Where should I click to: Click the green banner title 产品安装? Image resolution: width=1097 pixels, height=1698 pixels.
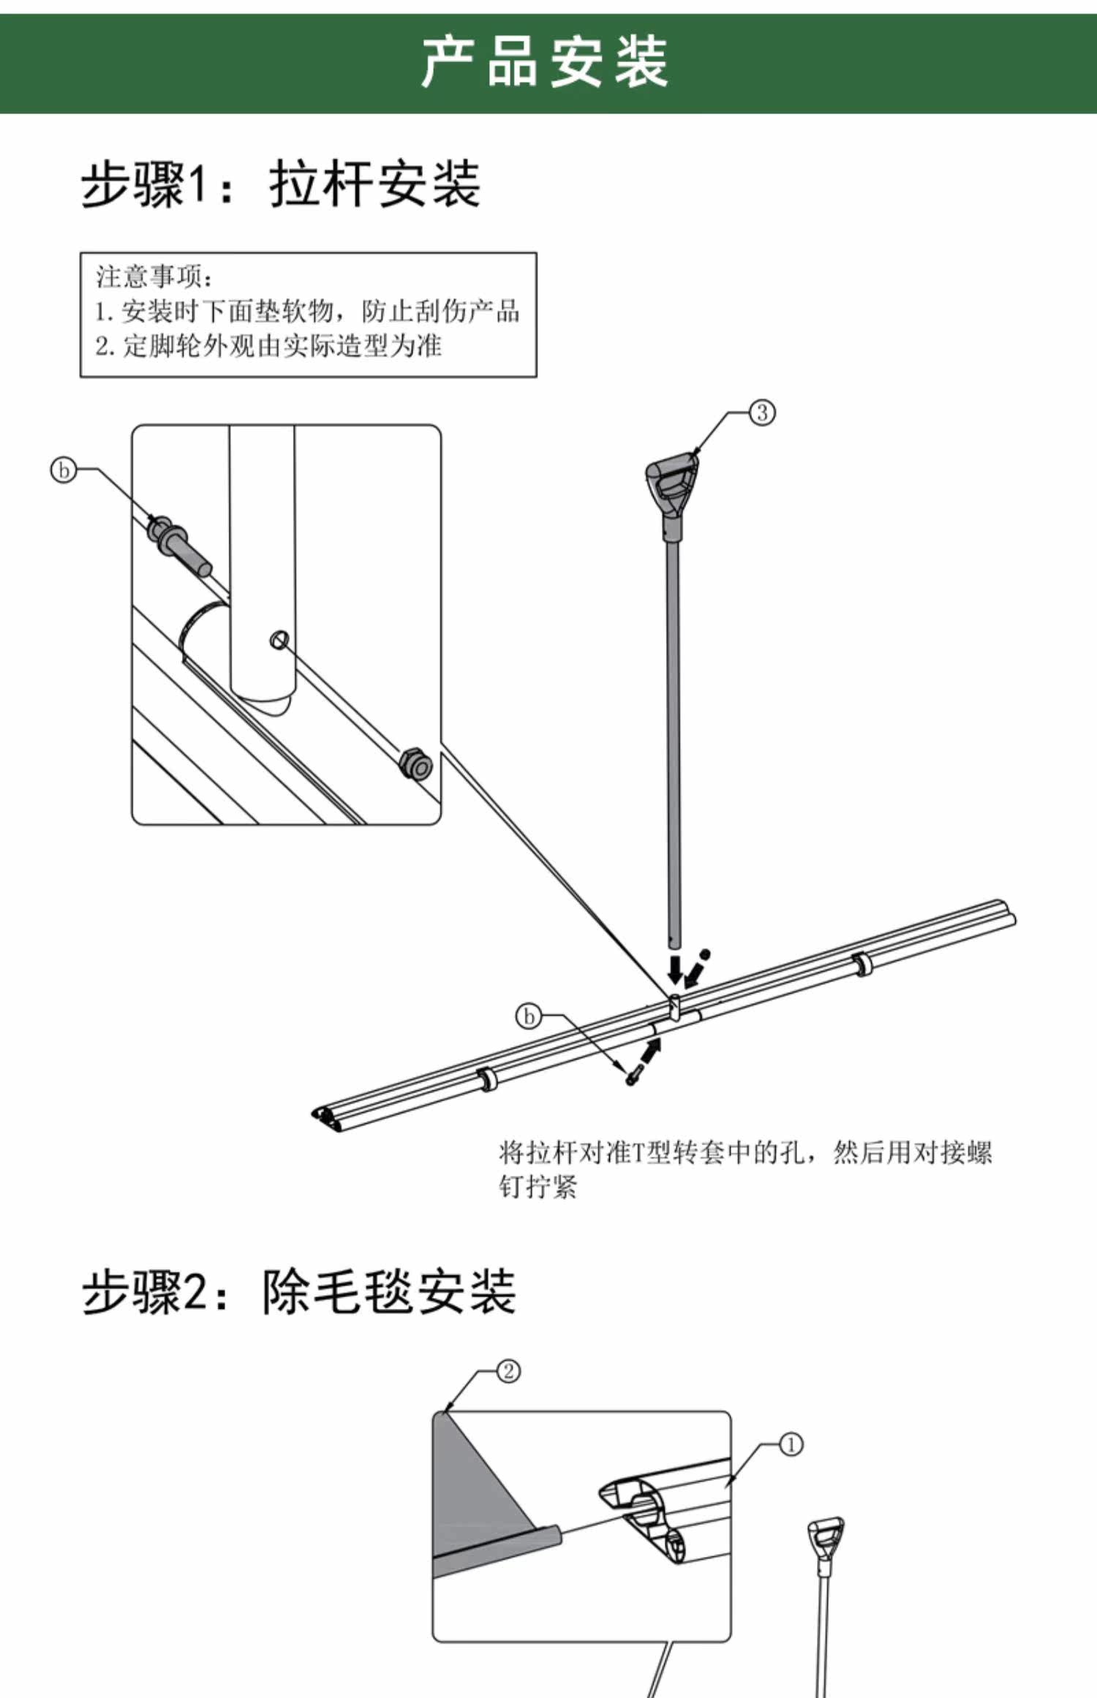click(545, 64)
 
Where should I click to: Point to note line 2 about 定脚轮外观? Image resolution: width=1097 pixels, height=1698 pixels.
click(268, 346)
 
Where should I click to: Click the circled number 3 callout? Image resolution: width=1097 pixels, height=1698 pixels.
click(762, 412)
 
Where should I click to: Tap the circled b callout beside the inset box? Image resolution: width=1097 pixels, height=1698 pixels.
click(64, 469)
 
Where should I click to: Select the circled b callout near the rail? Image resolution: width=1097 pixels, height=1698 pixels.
click(528, 1016)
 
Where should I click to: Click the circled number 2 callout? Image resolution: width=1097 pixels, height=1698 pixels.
click(509, 1371)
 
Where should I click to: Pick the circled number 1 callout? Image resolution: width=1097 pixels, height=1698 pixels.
click(791, 1444)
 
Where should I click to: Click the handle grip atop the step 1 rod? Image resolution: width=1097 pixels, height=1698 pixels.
click(672, 482)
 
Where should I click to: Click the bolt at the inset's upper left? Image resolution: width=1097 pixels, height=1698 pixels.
click(178, 544)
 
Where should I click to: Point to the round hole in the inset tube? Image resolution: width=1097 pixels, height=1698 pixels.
click(279, 641)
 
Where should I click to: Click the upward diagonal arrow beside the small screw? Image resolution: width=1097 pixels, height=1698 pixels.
click(649, 1051)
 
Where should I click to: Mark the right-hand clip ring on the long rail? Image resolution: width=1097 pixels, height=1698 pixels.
click(862, 965)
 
